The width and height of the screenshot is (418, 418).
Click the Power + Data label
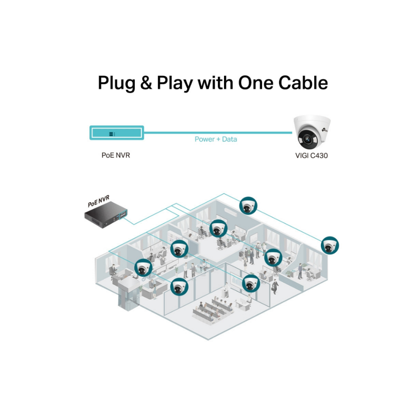(x=216, y=139)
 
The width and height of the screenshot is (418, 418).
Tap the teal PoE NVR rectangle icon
(x=116, y=133)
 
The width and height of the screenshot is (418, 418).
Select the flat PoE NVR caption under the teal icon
(x=116, y=156)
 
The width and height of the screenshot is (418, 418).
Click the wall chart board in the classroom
(x=236, y=280)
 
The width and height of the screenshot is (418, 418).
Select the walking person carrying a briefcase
(x=276, y=286)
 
